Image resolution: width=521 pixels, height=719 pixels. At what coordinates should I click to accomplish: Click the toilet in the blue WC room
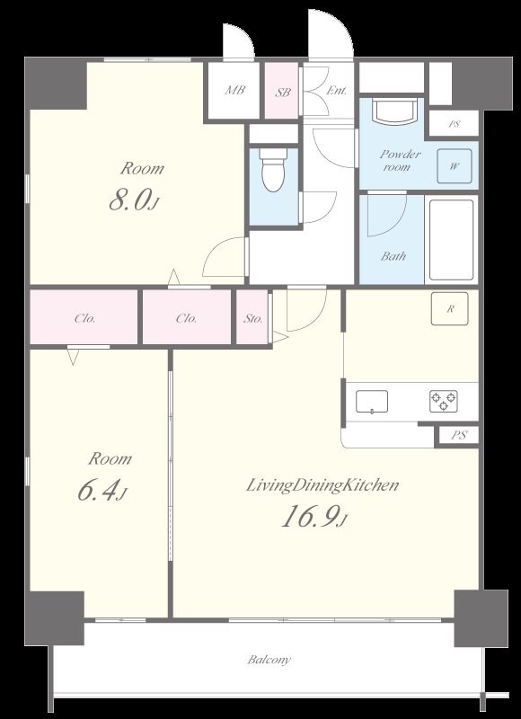coord(274,170)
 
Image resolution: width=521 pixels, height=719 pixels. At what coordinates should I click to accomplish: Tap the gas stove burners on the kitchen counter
coord(444,401)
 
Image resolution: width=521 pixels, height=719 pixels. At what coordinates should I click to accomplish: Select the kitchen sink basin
coord(372,402)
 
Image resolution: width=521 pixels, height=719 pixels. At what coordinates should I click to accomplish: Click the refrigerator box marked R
coord(449,308)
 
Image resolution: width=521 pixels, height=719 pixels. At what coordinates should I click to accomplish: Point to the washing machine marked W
coord(455,166)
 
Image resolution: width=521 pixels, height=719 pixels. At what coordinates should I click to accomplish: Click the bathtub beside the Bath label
coord(451,239)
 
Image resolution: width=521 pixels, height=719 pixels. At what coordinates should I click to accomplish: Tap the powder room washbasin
coord(394,111)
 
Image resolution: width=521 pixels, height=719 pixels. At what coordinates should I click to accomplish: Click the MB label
coord(234,90)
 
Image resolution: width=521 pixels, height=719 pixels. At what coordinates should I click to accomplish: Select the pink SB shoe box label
coord(283,92)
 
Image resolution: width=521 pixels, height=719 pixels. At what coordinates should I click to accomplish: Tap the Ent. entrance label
coord(336,91)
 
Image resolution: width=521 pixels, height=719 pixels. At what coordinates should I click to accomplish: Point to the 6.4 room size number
coord(102,491)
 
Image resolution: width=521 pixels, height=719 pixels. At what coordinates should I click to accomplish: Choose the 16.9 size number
coord(313,518)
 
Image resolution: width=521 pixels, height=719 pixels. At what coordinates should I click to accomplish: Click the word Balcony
coord(269,660)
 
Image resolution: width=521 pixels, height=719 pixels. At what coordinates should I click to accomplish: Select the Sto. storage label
coord(253,318)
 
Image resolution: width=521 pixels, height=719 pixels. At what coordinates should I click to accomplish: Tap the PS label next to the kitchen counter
coord(459,435)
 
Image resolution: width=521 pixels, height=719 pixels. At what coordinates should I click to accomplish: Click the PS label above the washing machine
coord(455,124)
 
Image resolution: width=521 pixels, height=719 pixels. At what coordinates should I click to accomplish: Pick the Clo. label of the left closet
coord(84,318)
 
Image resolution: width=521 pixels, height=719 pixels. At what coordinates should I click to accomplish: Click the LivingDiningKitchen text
coord(322,485)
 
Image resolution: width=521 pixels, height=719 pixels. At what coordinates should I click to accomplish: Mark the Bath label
coord(393,256)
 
